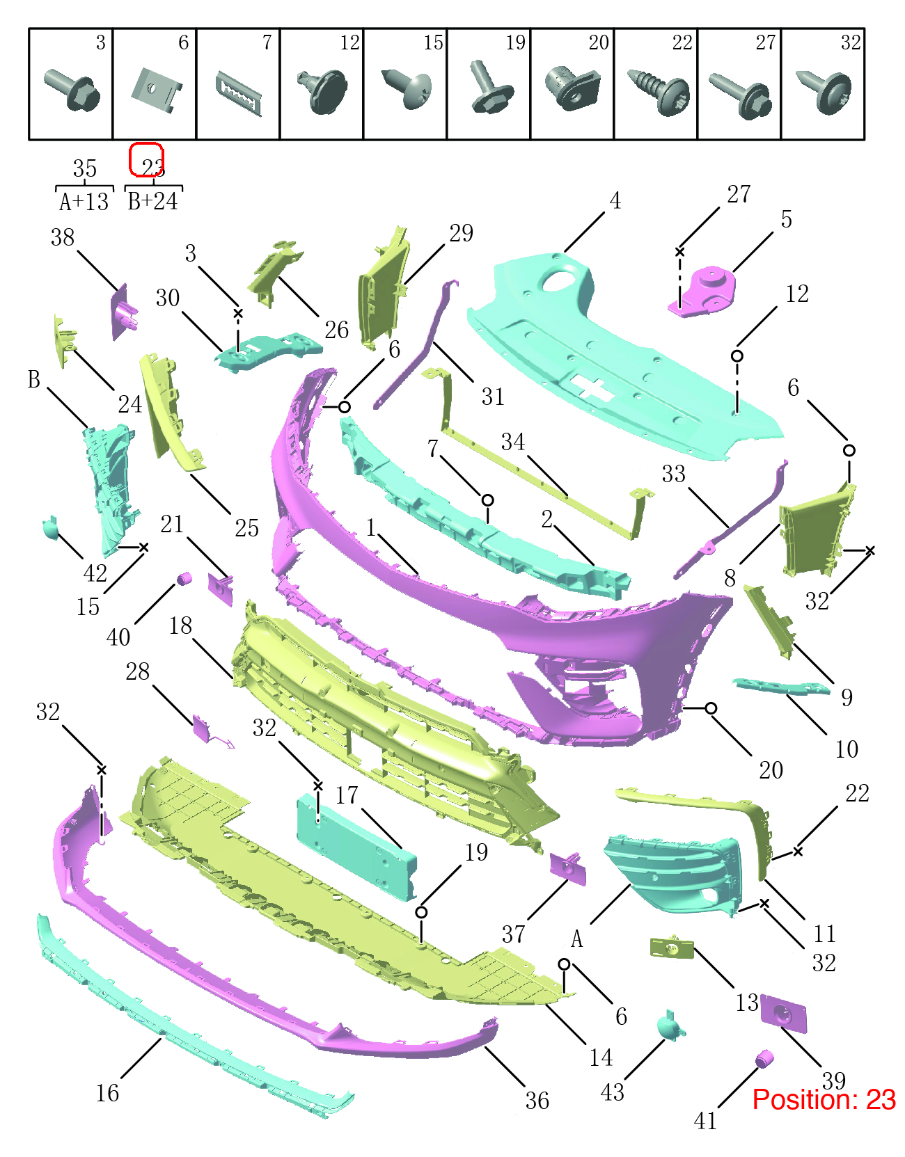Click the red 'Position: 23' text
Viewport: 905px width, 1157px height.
point(824,1099)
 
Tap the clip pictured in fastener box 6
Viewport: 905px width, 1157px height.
point(155,90)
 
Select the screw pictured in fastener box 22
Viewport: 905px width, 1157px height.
point(659,92)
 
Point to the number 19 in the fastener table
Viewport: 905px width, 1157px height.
point(515,42)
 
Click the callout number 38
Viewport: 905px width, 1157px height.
point(63,237)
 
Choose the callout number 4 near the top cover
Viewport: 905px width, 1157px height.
point(615,201)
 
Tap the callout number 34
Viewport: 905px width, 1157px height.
point(512,442)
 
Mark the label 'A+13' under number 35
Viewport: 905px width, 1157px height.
point(84,202)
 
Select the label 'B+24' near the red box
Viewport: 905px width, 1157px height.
point(153,201)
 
